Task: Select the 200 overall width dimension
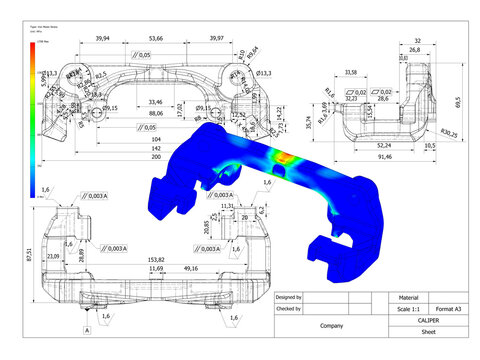(154, 157)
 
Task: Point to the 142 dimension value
(154, 147)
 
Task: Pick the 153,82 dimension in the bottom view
(155, 258)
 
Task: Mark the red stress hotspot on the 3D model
(283, 158)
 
